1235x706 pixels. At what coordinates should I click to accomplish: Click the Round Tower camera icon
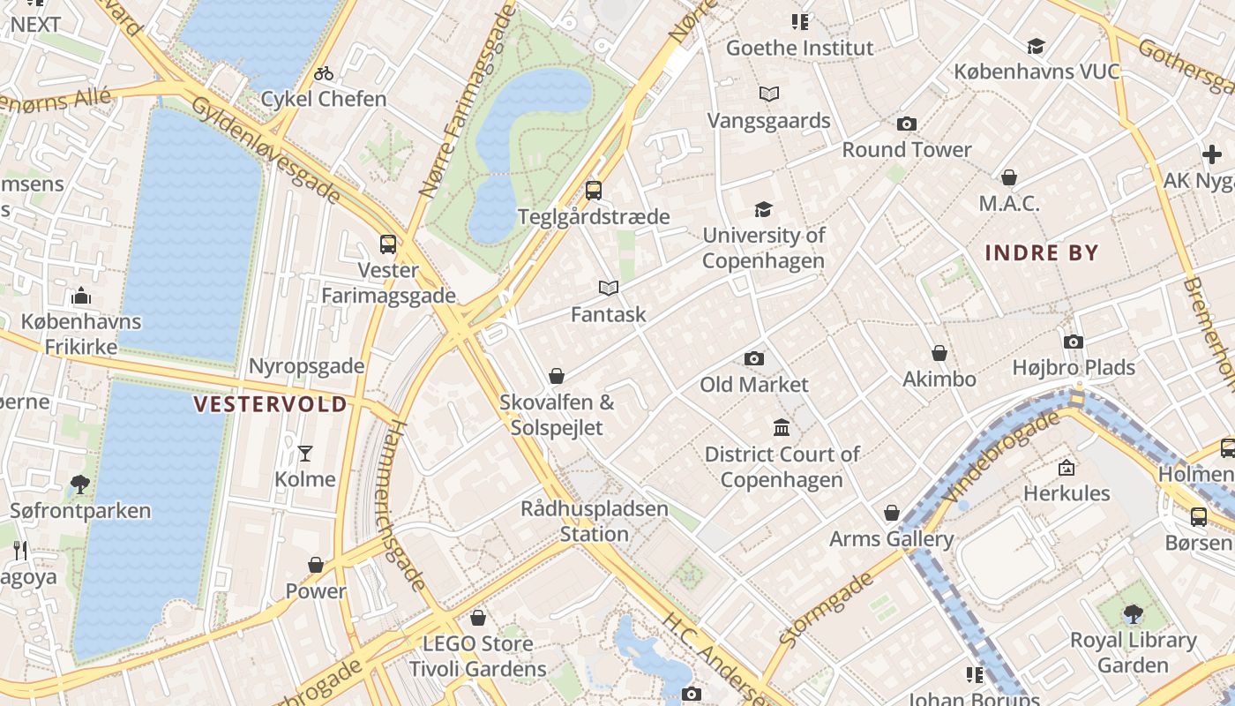coord(906,124)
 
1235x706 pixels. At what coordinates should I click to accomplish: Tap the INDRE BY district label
coord(1041,253)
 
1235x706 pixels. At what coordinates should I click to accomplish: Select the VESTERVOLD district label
coord(270,404)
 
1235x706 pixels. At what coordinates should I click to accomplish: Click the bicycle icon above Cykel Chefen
coord(324,73)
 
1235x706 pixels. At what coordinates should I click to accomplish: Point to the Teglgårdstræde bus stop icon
coord(594,191)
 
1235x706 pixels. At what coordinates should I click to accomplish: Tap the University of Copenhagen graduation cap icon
coord(763,210)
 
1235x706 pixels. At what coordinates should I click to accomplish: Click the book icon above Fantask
coord(608,289)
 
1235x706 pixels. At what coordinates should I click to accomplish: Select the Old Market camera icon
coord(753,358)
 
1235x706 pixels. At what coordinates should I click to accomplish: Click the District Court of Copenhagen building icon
coord(782,428)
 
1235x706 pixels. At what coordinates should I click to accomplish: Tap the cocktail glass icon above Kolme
coord(305,454)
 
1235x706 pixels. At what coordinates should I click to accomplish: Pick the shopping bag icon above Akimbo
coord(939,353)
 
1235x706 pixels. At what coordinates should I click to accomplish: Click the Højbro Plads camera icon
coord(1074,342)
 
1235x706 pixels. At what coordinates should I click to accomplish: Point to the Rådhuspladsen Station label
coord(594,522)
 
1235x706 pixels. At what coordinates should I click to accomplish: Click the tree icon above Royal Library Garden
coord(1133,614)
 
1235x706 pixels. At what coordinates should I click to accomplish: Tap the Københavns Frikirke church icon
coord(81,296)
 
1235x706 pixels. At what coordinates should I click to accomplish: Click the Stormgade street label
coord(827,609)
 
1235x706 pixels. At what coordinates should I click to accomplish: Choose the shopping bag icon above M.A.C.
coord(1009,177)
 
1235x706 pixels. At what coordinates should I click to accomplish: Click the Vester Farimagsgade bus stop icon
coord(387,244)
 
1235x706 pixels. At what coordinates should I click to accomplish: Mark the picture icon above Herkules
coord(1067,467)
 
